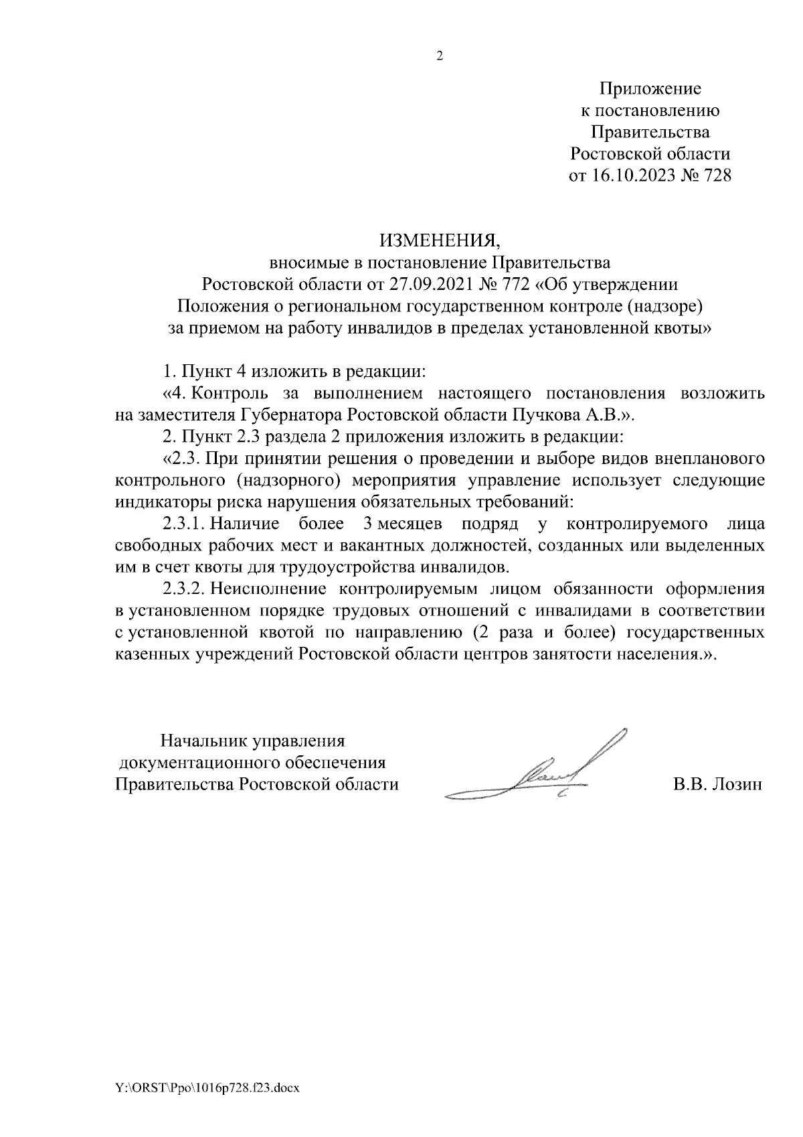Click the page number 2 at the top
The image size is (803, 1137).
(440, 57)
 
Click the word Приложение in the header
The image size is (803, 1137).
(650, 88)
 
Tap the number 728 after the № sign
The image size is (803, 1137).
(715, 176)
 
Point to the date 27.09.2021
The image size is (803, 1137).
(424, 285)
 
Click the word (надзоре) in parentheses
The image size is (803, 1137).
(663, 307)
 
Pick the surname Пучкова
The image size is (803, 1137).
(549, 415)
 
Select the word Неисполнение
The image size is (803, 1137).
(263, 589)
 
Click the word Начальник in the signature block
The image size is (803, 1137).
(203, 741)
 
